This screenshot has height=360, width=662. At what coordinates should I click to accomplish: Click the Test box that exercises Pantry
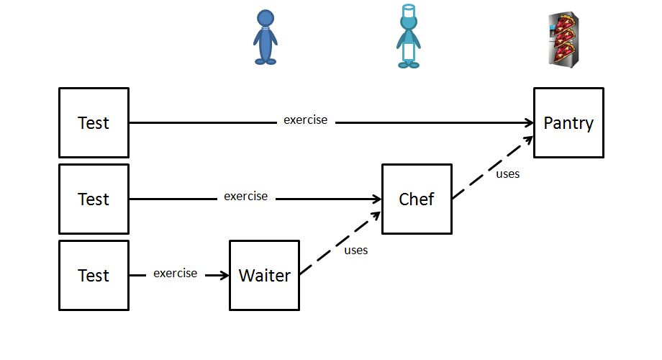coord(94,122)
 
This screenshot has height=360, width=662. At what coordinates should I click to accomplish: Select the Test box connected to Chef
coord(94,199)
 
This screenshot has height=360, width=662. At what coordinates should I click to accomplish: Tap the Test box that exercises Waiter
coord(94,275)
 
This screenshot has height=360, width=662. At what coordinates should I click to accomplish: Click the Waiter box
coord(264,275)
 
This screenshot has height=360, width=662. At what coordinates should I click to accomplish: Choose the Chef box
coord(417,199)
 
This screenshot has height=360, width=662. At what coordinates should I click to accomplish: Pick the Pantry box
coord(568,122)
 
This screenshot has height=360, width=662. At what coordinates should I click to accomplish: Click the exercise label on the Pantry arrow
coord(305,120)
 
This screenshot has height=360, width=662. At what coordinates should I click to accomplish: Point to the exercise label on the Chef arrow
coord(245,196)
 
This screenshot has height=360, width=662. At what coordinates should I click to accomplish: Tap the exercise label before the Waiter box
coord(175,273)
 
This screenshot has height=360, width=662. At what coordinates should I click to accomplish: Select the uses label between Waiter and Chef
coord(355,251)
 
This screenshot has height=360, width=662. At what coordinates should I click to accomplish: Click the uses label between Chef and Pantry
coord(507,174)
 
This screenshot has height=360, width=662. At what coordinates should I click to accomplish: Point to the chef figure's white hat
coord(409,10)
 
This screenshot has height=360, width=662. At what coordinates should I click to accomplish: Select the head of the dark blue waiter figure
coord(265,18)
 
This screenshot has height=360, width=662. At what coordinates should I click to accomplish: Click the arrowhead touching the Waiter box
coord(224,275)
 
